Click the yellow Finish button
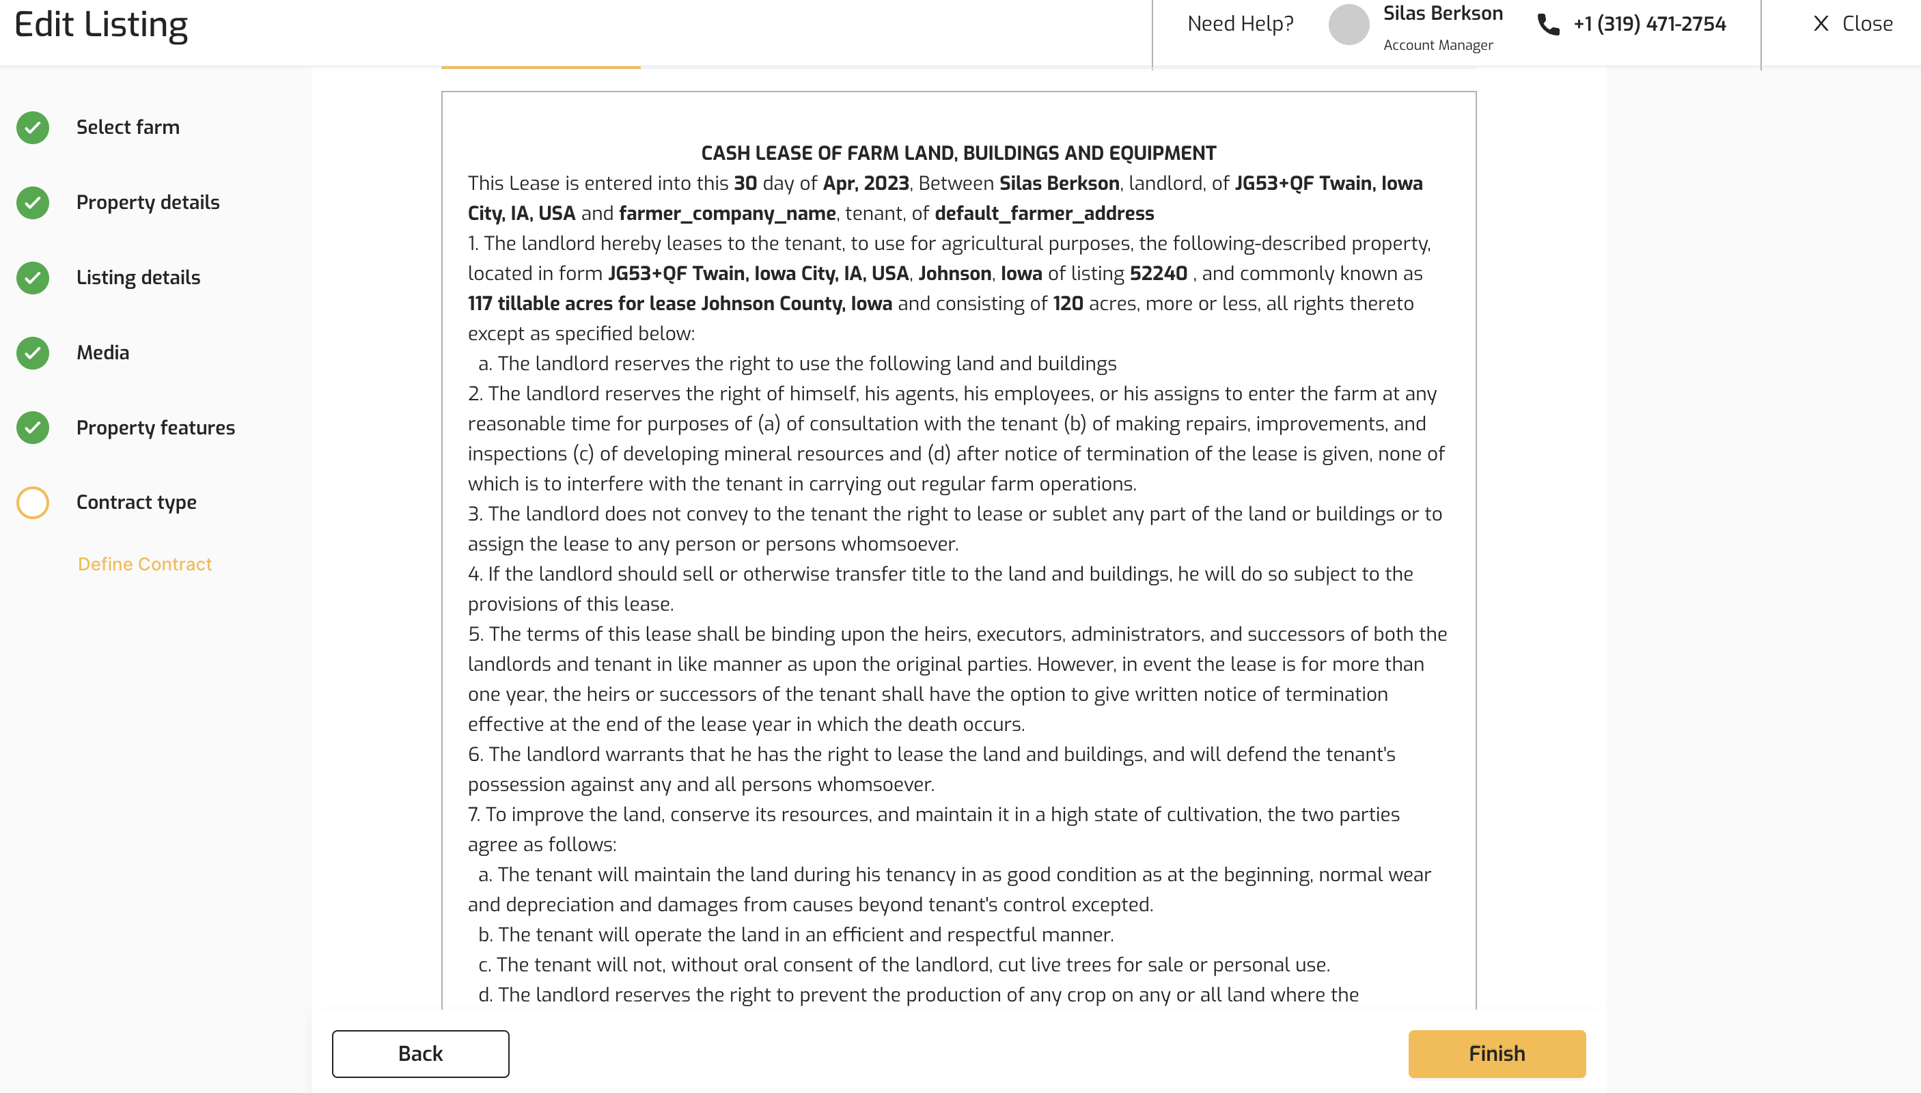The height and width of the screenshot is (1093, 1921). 1496,1053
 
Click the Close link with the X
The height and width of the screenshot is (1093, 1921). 1853,24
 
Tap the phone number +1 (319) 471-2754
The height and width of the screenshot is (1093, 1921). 1649,24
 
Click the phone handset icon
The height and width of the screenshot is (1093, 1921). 1548,25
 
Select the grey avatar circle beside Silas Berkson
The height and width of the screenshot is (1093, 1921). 1349,24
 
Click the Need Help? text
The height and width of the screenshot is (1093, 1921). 1240,24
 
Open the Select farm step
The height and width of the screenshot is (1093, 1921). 128,127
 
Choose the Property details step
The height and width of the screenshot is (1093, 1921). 148,202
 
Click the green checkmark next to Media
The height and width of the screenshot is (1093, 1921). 33,352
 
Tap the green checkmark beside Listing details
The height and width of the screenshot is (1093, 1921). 33,278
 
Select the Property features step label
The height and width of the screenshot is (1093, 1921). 155,428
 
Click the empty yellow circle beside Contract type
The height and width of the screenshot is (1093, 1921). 33,502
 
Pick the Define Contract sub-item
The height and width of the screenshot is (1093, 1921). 145,564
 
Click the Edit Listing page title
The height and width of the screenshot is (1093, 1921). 100,25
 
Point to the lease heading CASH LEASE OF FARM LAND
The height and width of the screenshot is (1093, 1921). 958,153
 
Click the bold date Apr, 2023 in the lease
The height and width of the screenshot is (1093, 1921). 866,183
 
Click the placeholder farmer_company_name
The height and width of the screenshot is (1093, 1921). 727,213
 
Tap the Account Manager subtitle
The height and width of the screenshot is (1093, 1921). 1437,45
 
